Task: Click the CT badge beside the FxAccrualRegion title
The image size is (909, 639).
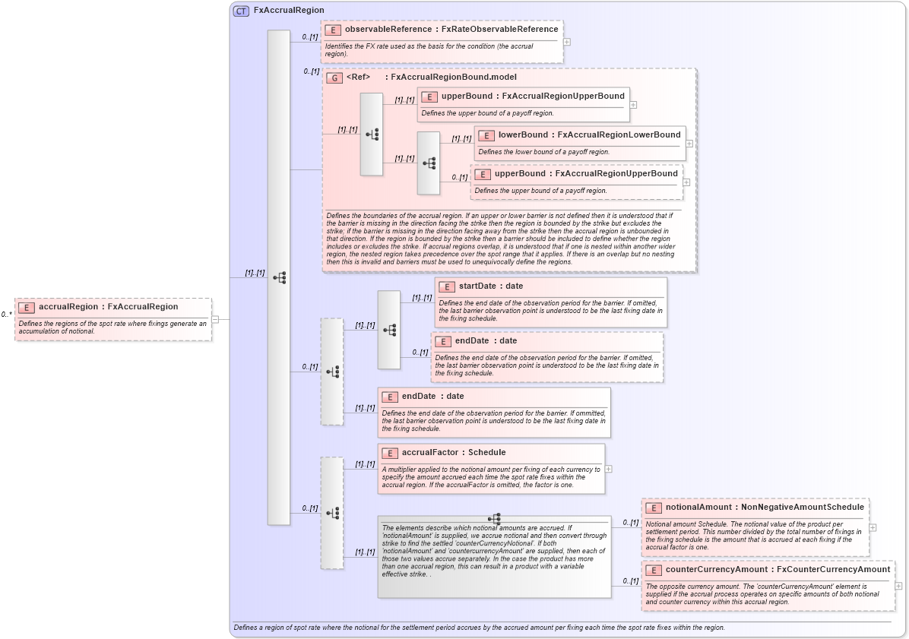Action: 241,11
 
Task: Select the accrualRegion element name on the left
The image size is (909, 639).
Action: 69,307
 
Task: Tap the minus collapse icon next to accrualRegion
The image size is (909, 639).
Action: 215,319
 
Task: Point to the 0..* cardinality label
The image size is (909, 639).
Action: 6,315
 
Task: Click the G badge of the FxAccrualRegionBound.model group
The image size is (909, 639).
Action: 333,78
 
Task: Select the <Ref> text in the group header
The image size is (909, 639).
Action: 358,78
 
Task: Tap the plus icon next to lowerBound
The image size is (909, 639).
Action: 689,143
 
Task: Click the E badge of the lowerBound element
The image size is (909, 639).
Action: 485,135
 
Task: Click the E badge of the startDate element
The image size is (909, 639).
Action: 447,286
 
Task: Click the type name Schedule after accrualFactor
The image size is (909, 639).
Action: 486,452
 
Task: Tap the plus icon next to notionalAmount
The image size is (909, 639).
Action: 873,527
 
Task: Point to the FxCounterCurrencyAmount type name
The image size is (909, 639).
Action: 833,569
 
